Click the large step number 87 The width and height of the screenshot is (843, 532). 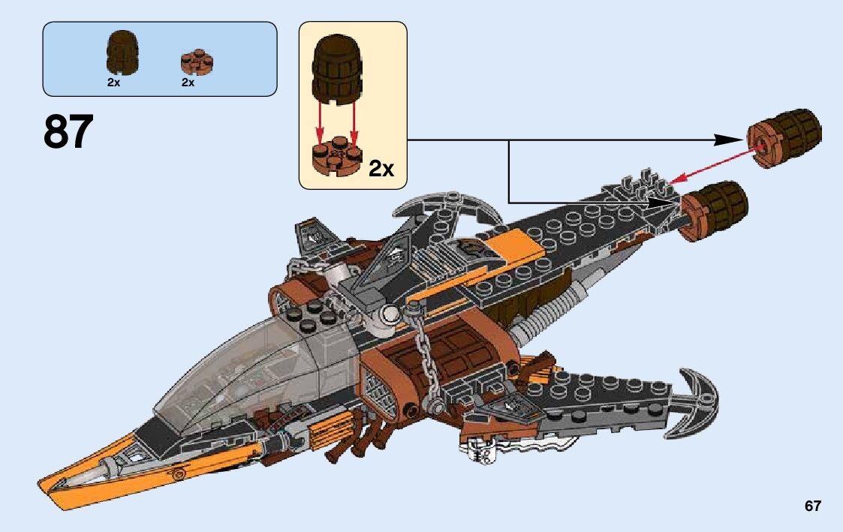[x=69, y=133]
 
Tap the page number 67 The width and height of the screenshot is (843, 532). [x=812, y=506]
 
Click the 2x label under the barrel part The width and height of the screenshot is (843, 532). [x=113, y=83]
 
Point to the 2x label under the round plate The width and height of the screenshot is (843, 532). [x=188, y=83]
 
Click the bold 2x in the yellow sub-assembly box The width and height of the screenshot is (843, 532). [x=381, y=168]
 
